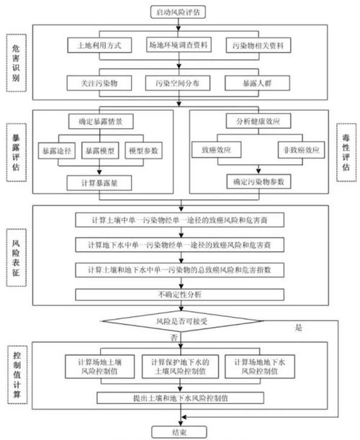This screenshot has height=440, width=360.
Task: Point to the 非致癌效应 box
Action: (x=294, y=151)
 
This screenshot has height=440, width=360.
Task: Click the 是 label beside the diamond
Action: (x=300, y=328)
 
